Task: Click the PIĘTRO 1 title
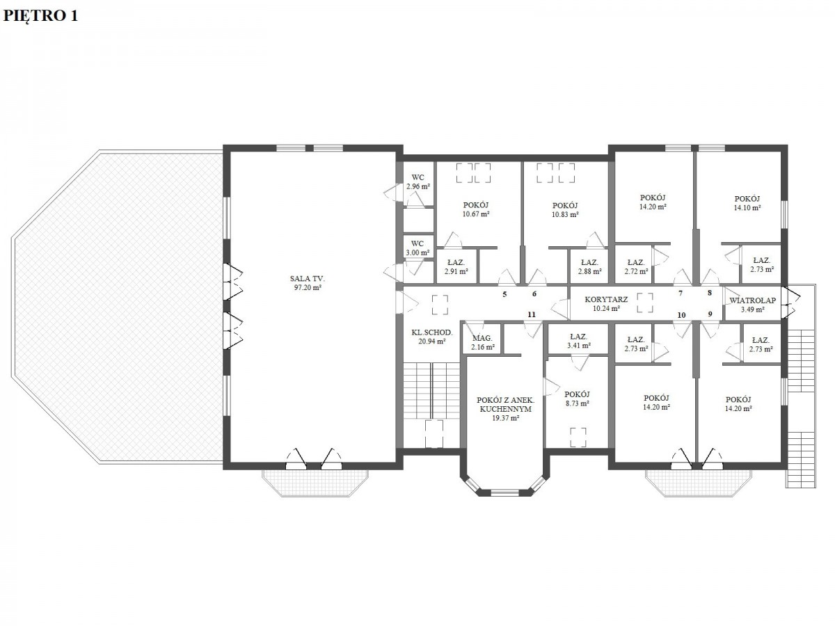pos(40,15)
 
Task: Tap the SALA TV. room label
pos(308,279)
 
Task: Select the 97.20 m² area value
pos(308,288)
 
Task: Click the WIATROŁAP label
pos(752,300)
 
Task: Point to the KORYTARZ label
pos(606,300)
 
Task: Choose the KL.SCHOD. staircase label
pos(432,332)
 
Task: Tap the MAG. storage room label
pos(482,338)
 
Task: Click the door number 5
pos(504,294)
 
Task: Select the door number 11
pos(532,314)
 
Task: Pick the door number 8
pos(710,293)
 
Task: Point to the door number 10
pos(681,315)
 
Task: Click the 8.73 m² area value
pos(577,403)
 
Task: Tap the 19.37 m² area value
pos(506,418)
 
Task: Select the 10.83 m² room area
pos(565,214)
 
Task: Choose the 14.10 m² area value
pos(747,208)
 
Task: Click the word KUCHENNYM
pos(506,410)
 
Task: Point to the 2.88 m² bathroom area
pos(589,271)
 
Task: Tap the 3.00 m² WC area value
pos(417,252)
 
